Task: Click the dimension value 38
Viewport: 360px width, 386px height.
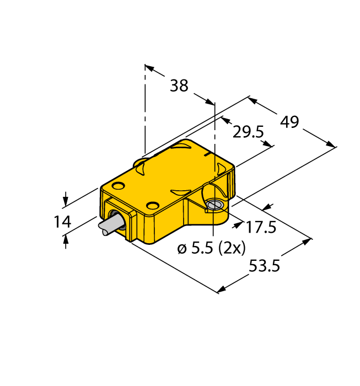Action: [x=179, y=86]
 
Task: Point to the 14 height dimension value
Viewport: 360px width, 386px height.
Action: [x=62, y=222]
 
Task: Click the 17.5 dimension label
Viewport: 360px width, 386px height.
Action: [x=261, y=226]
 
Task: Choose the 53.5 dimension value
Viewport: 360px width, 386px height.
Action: [x=265, y=266]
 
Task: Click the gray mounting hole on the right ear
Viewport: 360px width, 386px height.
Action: [x=216, y=205]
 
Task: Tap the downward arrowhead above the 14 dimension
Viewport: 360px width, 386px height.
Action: [x=66, y=201]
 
